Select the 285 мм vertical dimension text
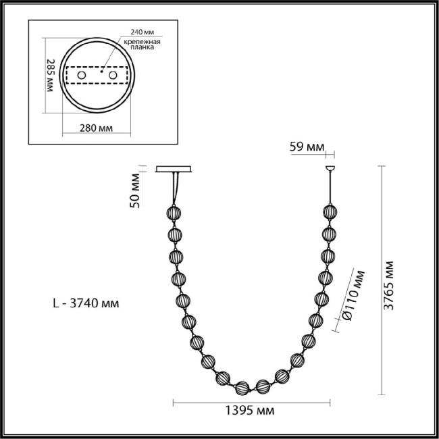(x=49, y=76)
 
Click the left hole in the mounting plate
(x=82, y=76)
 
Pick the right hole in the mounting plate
(x=113, y=76)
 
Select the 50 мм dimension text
(x=136, y=191)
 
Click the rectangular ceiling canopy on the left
(x=174, y=169)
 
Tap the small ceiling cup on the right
(x=330, y=167)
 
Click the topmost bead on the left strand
(x=174, y=214)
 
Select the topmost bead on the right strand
(x=330, y=212)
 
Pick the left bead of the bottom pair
(x=242, y=388)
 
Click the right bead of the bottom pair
(x=263, y=387)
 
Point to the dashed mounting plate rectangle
(x=97, y=76)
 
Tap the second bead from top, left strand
(x=175, y=236)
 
